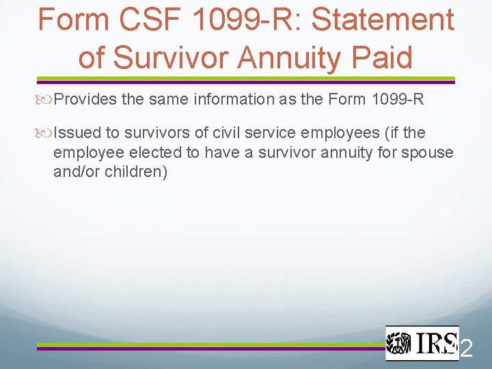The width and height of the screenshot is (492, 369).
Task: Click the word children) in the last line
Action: click(136, 171)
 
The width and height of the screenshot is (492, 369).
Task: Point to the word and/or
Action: click(78, 171)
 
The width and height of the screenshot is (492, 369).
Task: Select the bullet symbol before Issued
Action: click(46, 133)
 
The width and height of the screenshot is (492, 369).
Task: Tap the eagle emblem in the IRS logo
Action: click(399, 342)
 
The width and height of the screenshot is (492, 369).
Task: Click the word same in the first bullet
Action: click(165, 100)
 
